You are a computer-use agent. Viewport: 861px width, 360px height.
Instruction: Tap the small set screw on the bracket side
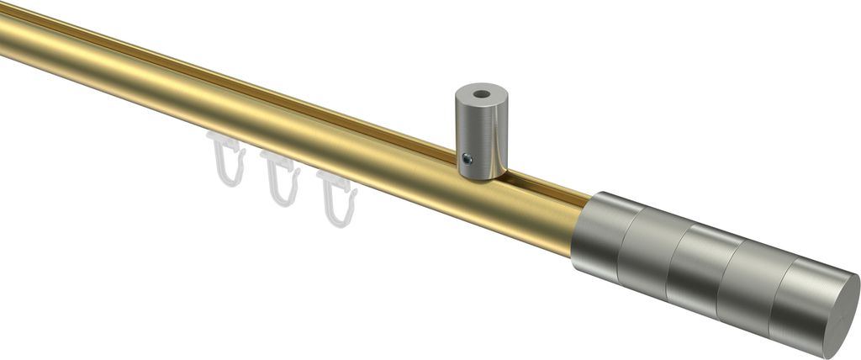pos(469,157)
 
